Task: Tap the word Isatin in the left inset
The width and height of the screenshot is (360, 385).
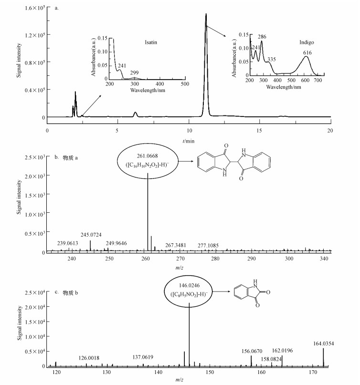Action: (151, 42)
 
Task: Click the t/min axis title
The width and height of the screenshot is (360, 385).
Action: (189, 141)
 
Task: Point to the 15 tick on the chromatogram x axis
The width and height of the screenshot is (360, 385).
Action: (260, 130)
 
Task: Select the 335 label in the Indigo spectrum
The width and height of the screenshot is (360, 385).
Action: (271, 59)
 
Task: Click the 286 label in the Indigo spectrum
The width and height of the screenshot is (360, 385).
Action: (262, 36)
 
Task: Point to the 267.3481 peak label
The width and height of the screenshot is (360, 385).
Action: (175, 245)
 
